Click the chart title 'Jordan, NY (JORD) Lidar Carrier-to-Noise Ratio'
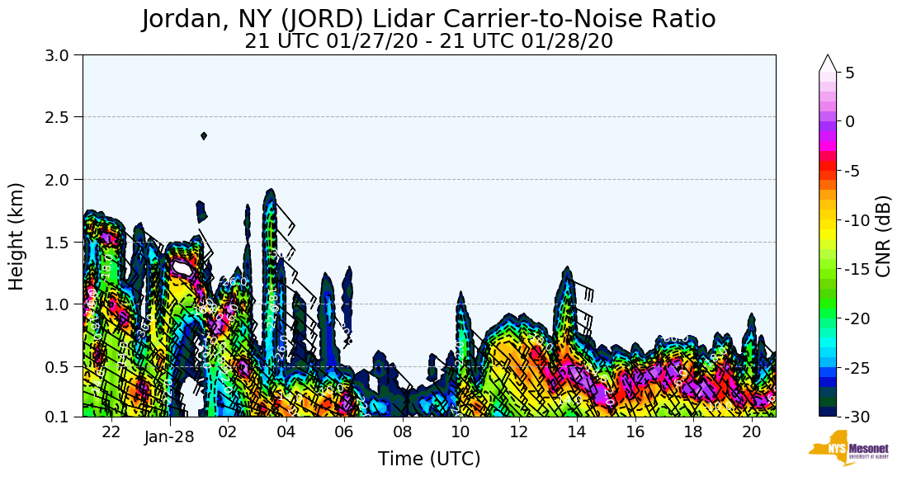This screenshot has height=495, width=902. (x=428, y=19)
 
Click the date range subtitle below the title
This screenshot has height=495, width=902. (x=428, y=41)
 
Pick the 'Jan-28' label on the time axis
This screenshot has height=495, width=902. (x=169, y=436)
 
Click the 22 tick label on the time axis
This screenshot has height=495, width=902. (x=111, y=431)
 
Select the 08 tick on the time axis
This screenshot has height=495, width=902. (x=402, y=431)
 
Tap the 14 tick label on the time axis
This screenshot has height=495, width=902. (x=576, y=431)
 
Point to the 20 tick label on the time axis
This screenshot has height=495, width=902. (x=751, y=431)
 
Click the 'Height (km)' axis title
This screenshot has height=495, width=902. (x=17, y=236)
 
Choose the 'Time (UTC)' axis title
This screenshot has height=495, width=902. (x=429, y=459)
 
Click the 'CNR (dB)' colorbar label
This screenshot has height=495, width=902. (x=883, y=236)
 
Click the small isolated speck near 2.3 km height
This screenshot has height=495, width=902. (x=203, y=136)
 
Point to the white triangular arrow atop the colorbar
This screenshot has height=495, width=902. (x=828, y=64)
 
